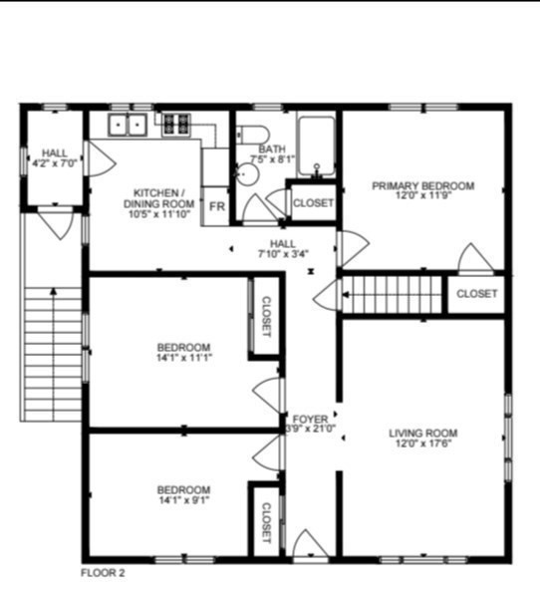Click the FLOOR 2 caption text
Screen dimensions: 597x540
point(103,573)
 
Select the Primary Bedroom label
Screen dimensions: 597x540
point(422,185)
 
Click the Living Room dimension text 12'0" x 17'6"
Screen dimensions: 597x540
point(422,444)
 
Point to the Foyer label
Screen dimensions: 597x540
point(304,418)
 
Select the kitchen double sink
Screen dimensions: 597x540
point(128,126)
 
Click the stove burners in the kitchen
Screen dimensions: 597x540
point(176,125)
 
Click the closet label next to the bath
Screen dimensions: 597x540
point(313,202)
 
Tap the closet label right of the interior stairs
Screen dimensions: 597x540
point(476,294)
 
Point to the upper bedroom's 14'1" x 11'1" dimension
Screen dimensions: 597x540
point(183,357)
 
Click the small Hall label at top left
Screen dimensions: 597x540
point(55,152)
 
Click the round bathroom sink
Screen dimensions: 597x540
point(246,175)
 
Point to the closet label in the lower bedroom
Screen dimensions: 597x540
point(266,520)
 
